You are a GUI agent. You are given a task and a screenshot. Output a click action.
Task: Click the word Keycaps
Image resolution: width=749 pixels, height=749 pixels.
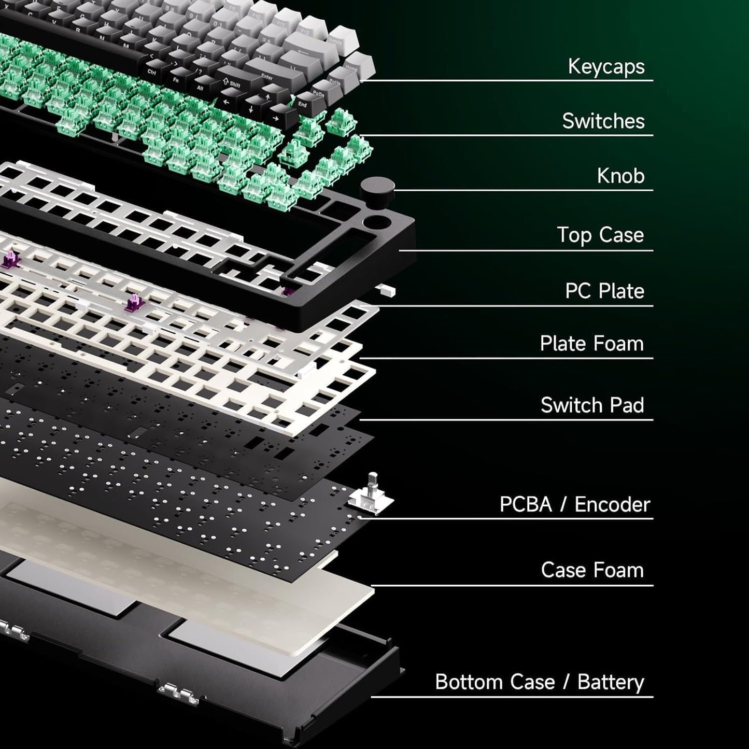(x=606, y=66)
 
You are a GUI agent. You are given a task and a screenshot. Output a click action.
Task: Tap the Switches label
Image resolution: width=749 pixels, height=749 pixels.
(x=603, y=121)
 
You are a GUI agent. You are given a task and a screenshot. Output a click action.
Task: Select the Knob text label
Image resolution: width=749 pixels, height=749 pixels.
(x=621, y=176)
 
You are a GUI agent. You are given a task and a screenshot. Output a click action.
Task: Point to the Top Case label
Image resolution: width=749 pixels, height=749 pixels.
(x=601, y=235)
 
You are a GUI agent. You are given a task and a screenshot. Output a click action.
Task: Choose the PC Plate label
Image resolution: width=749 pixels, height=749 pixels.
(x=604, y=291)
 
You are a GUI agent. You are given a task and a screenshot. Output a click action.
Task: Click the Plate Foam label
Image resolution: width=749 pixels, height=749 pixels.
(x=591, y=344)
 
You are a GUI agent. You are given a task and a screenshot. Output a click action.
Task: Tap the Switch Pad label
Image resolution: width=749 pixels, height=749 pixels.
(x=592, y=405)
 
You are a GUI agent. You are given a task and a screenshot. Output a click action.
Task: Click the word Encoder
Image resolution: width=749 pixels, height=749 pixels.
(x=612, y=504)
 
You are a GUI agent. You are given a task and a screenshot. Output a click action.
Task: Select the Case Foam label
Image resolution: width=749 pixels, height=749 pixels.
(x=592, y=570)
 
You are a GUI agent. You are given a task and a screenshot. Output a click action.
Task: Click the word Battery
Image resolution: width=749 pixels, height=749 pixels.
(x=611, y=682)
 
